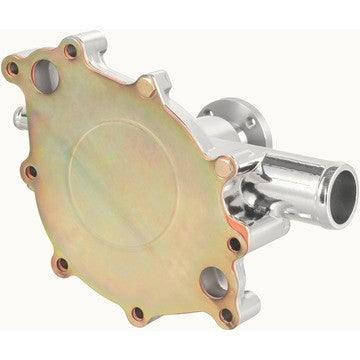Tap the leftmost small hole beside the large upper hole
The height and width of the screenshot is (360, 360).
(x=14, y=69)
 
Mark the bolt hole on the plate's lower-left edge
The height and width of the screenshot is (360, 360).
(x=63, y=265)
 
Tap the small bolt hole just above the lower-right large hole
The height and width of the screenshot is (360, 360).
(x=234, y=243)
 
